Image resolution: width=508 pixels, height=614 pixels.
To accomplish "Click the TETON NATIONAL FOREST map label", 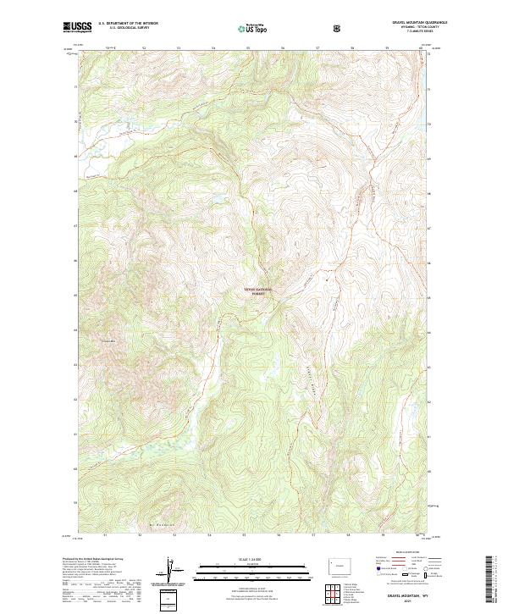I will pos(262,291).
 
